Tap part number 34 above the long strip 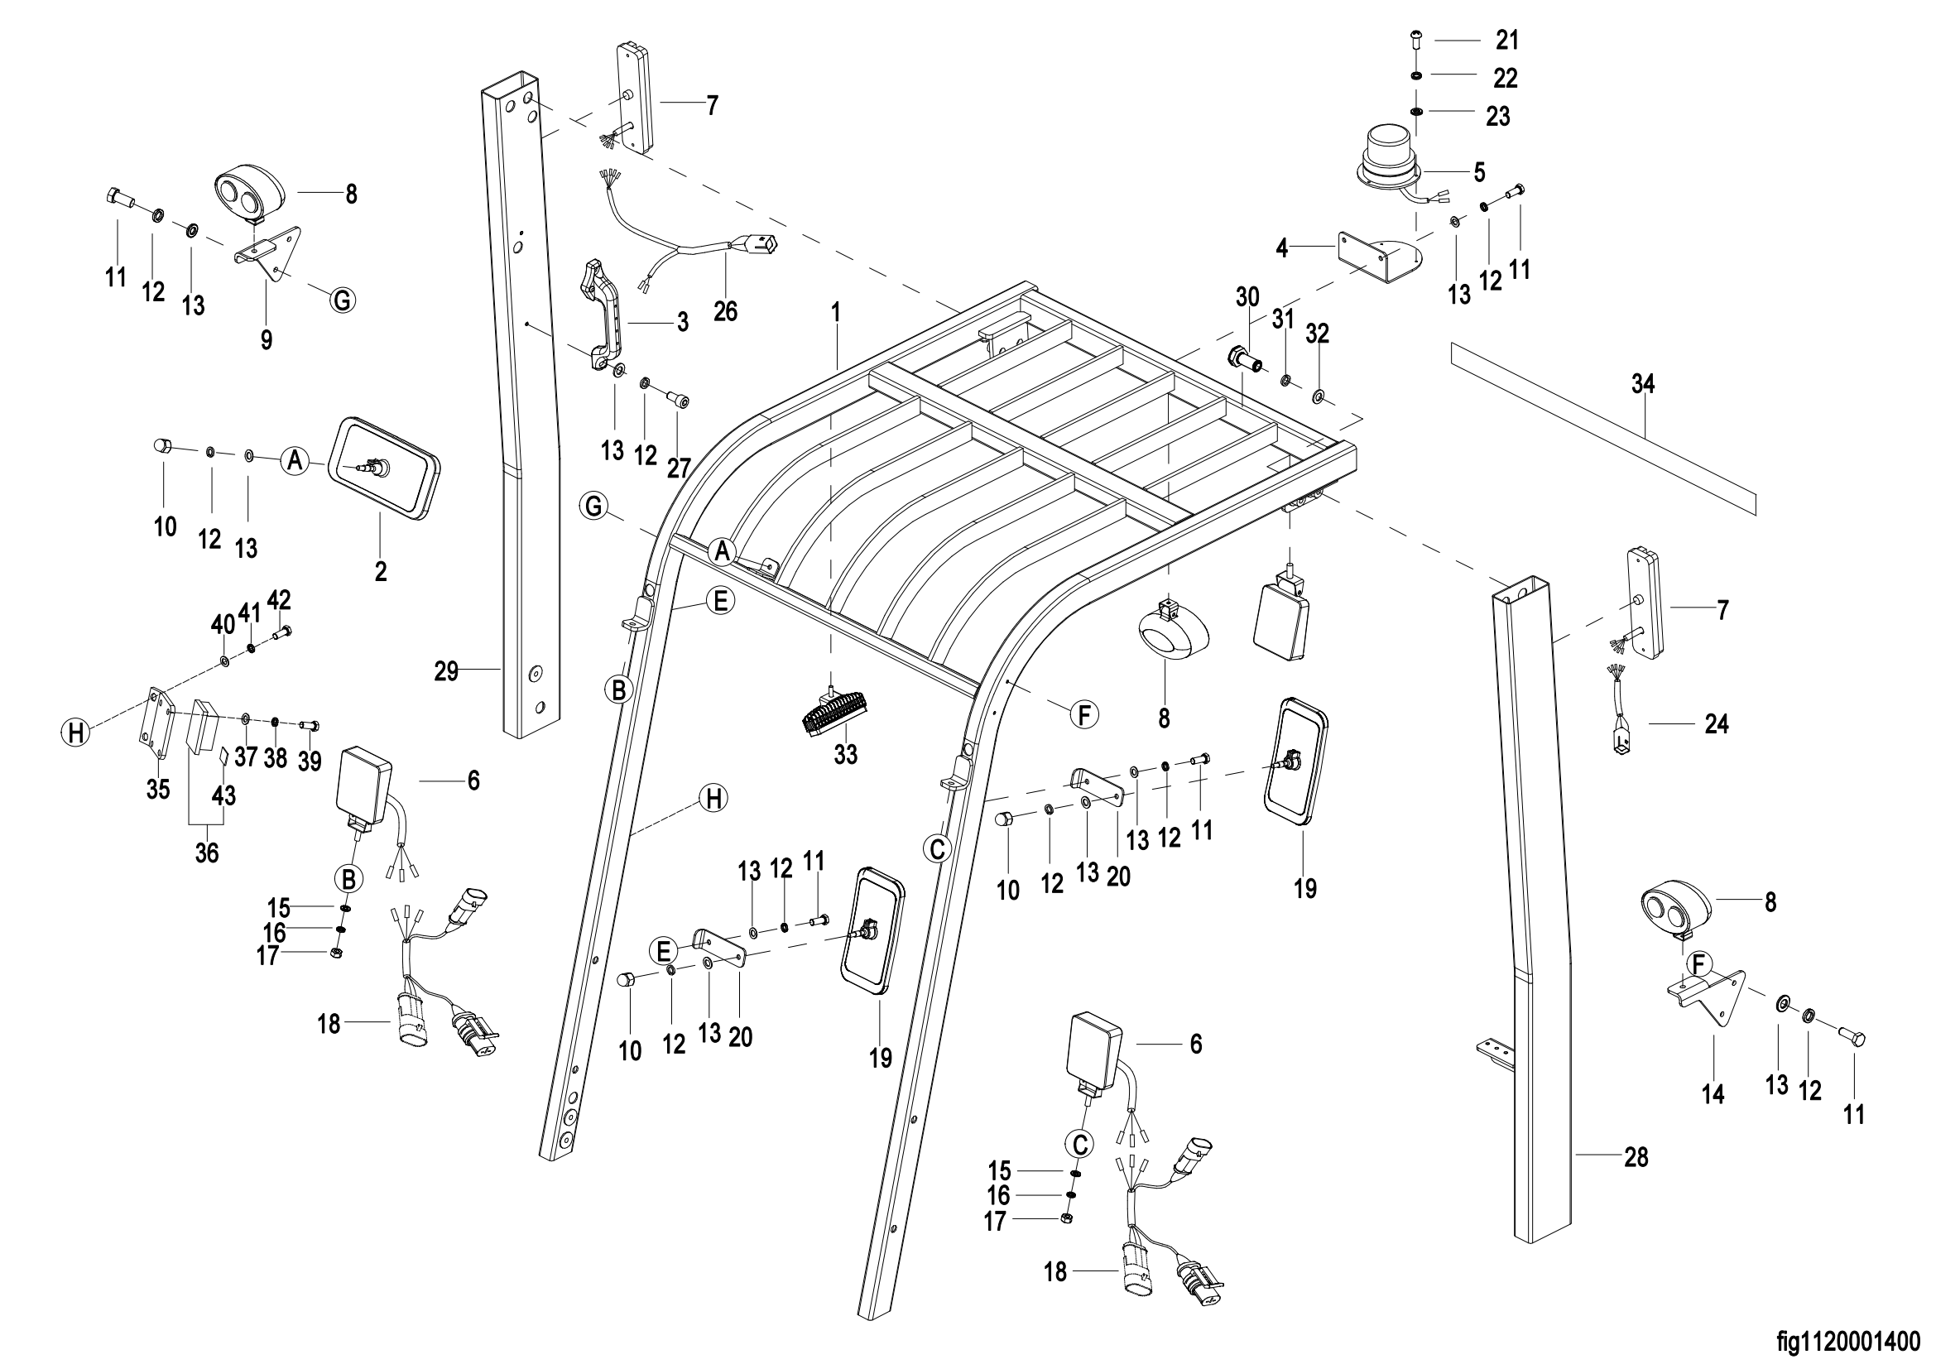tap(1642, 384)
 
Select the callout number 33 tap(845, 755)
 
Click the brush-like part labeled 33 tap(834, 713)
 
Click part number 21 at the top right tap(1506, 40)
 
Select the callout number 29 tap(446, 672)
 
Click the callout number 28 tap(1636, 1157)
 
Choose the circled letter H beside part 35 tap(76, 732)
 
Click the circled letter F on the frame tap(1083, 715)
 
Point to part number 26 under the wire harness tap(725, 312)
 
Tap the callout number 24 tap(1716, 724)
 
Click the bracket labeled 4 tap(1375, 260)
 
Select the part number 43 tap(223, 795)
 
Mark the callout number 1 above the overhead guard tap(836, 313)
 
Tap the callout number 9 tap(267, 339)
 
